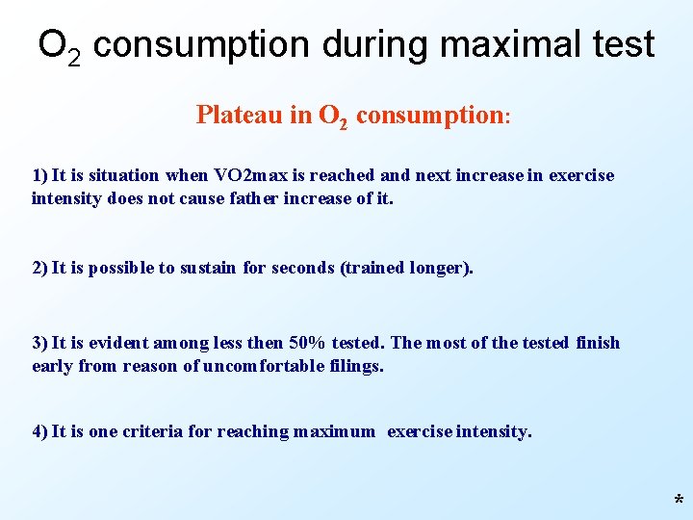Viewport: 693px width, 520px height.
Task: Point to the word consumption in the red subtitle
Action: (429, 117)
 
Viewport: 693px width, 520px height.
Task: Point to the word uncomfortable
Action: (270, 367)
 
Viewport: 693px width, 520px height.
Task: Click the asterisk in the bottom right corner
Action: (679, 501)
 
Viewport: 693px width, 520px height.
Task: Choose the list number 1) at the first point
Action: (39, 175)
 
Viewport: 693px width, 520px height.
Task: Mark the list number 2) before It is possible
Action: (39, 268)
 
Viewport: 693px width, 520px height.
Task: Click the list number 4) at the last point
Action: (39, 431)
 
